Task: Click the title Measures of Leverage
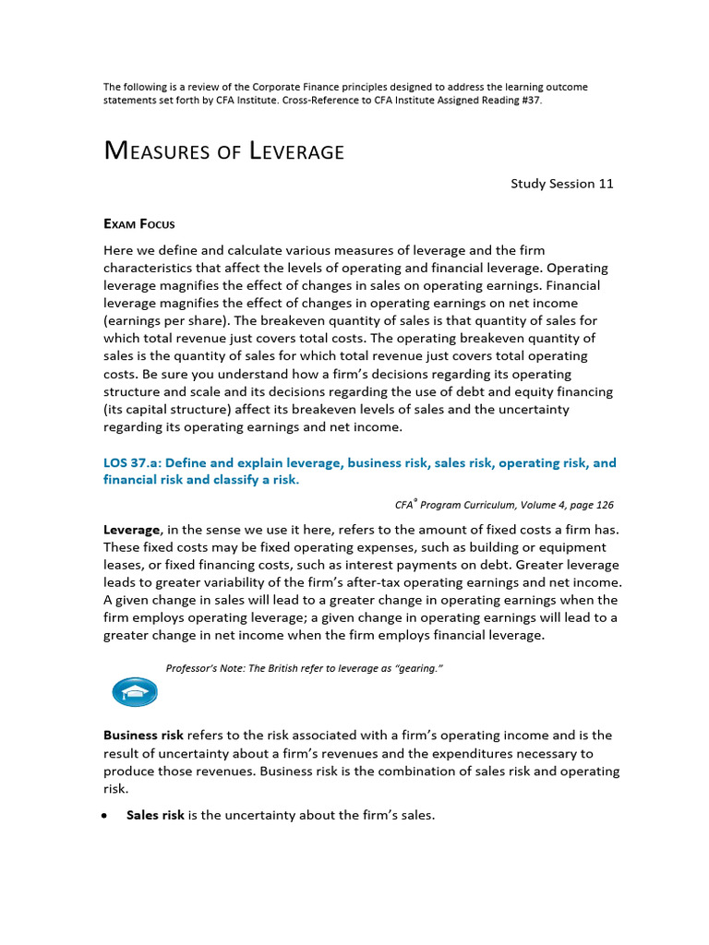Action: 223,150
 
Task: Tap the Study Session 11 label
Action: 562,184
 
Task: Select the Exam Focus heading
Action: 138,223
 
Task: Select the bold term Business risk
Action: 143,736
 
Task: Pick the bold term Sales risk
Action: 155,815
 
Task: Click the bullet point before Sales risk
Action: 107,816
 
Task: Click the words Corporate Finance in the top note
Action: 283,87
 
